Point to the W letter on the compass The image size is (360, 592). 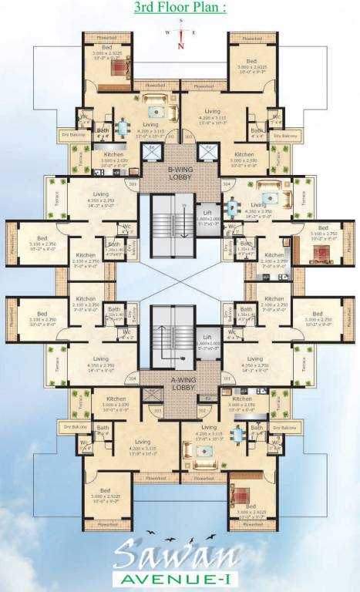click(167, 33)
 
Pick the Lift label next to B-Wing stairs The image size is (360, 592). click(207, 211)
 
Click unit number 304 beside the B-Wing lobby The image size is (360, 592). click(226, 185)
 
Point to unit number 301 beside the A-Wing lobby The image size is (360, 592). click(226, 378)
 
